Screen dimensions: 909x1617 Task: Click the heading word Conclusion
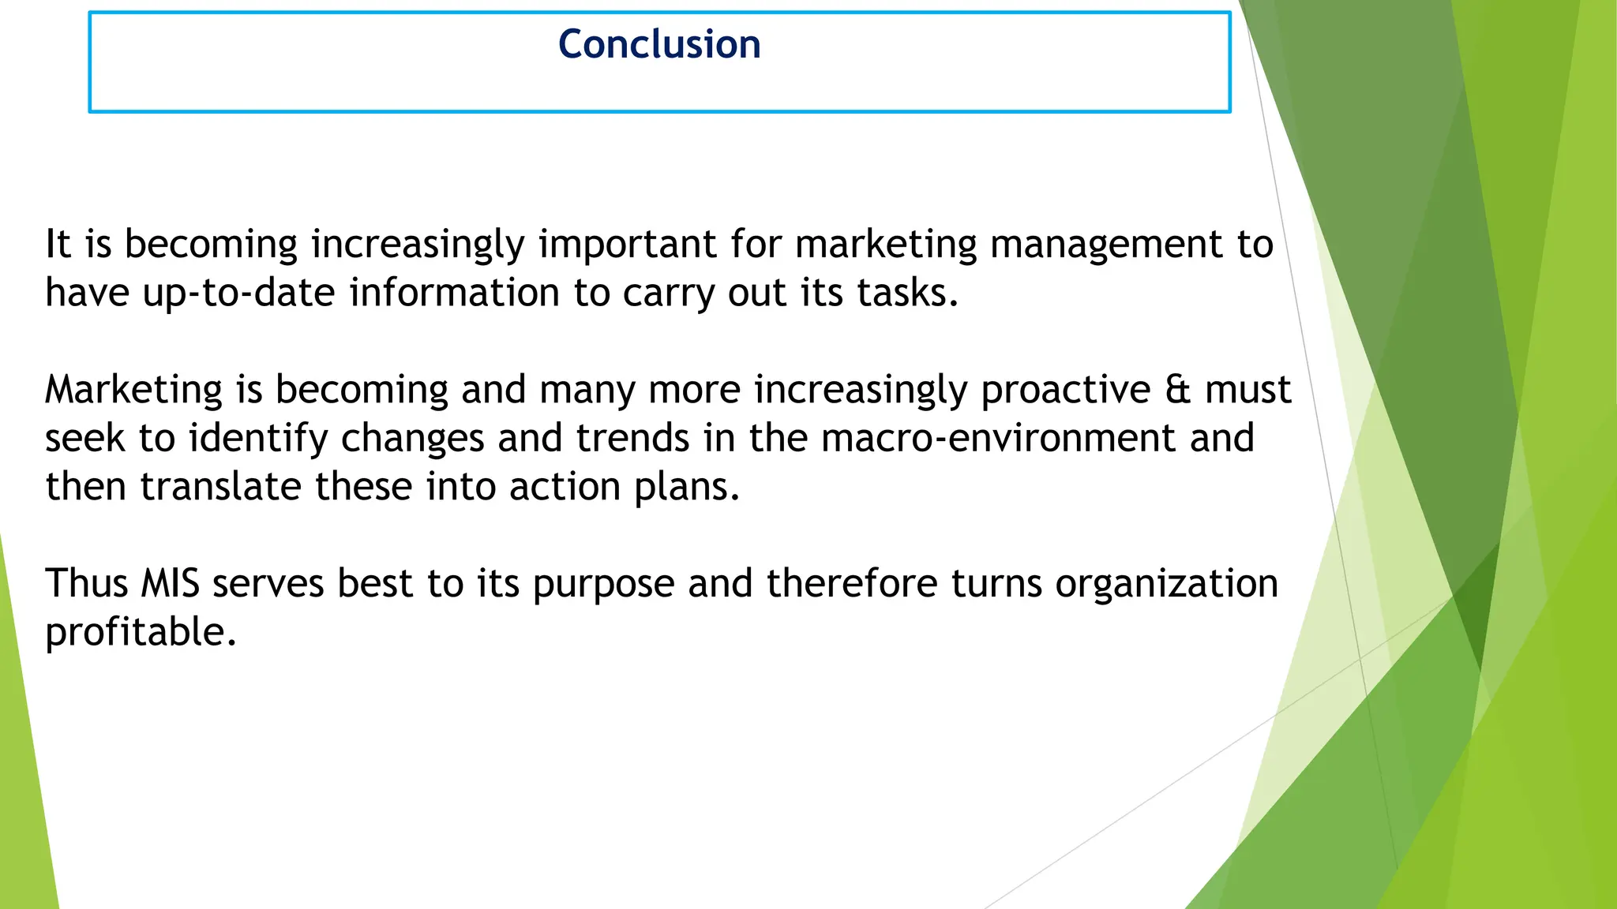tap(659, 44)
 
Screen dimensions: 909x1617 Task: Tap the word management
tap(1106, 245)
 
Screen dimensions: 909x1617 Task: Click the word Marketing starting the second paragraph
tap(133, 391)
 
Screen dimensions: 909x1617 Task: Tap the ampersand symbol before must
tap(1177, 390)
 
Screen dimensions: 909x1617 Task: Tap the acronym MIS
tap(170, 584)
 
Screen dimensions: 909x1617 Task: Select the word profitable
tap(141, 633)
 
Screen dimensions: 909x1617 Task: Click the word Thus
tap(86, 584)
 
